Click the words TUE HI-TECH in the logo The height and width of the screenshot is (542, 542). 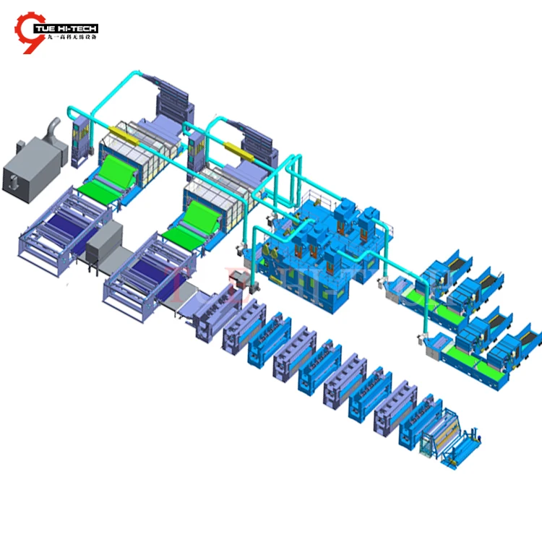[71, 28]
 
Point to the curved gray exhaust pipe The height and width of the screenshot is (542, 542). [53, 130]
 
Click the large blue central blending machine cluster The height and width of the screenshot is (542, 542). [318, 238]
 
